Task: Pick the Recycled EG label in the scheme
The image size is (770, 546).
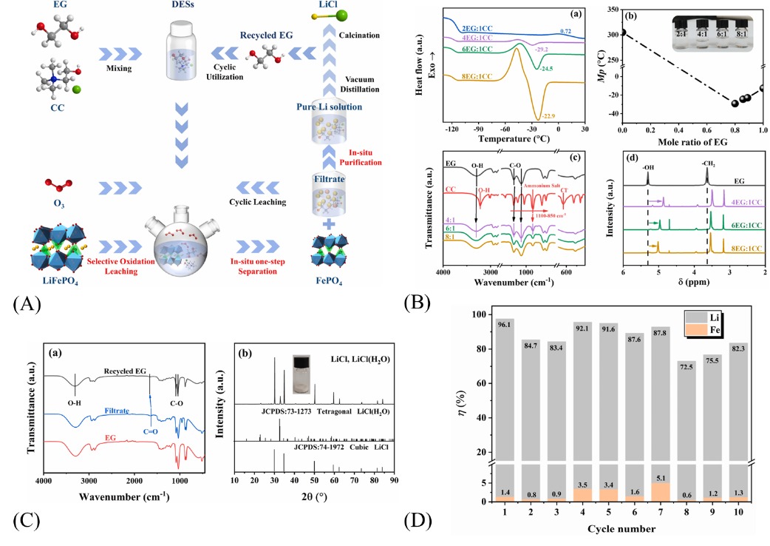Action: point(269,35)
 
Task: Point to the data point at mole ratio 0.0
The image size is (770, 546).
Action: point(622,32)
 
